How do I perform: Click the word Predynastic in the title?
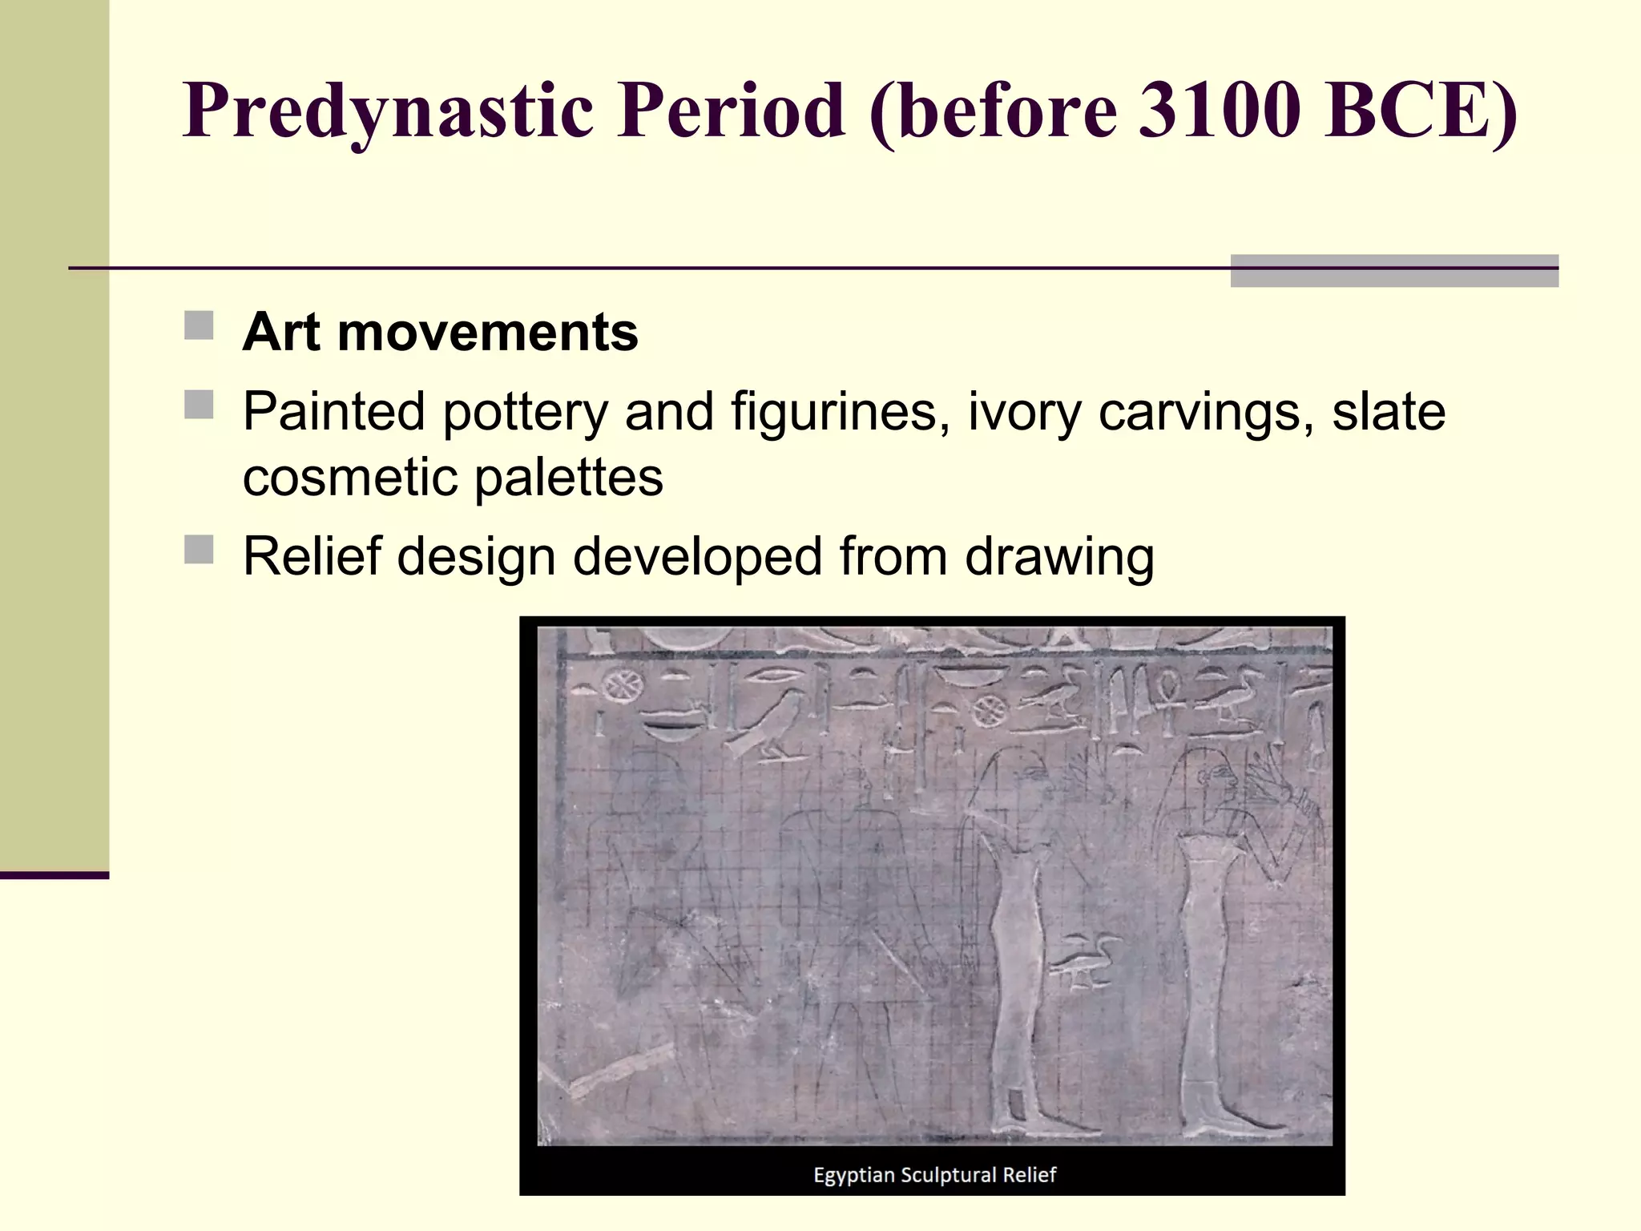(x=389, y=111)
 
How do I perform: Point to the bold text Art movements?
(x=440, y=332)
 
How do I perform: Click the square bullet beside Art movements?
(x=199, y=326)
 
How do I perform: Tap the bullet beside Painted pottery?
(x=199, y=405)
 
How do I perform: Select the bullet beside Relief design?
(x=199, y=550)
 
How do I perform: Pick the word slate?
(x=1389, y=412)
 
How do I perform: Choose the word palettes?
(x=569, y=478)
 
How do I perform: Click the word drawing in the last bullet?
(x=1059, y=557)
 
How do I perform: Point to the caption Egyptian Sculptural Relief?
(x=934, y=1175)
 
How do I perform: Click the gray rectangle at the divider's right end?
(x=1394, y=271)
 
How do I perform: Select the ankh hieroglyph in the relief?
(x=1167, y=696)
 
